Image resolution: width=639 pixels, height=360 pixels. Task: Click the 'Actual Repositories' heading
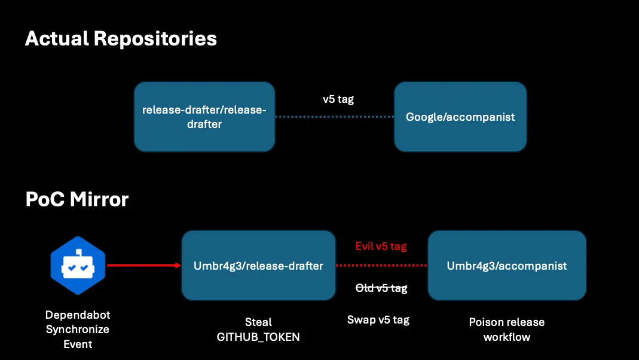click(x=121, y=39)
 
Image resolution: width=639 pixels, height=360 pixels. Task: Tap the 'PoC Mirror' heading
click(x=77, y=199)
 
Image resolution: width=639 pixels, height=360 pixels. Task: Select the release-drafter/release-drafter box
click(x=204, y=117)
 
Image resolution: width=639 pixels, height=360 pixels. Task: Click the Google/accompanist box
click(x=460, y=117)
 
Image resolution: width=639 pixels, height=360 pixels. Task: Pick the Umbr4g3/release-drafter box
click(x=258, y=266)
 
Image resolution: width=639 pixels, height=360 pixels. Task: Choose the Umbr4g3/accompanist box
click(x=507, y=266)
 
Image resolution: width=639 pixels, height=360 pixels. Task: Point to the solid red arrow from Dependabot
click(x=143, y=266)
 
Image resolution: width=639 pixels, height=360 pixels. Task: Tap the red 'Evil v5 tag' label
click(x=381, y=246)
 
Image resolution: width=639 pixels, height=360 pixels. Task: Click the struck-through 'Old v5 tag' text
click(x=381, y=288)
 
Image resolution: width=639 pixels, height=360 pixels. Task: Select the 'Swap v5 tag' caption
click(x=378, y=319)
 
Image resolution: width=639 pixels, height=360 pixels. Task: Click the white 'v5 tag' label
click(x=338, y=99)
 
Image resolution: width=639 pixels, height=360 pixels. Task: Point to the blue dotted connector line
click(x=334, y=117)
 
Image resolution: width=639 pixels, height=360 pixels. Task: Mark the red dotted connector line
click(x=381, y=266)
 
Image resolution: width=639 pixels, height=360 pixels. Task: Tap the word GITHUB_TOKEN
click(x=258, y=337)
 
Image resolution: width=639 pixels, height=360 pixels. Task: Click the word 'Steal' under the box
click(x=258, y=322)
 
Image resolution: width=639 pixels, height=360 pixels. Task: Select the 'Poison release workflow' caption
click(x=507, y=330)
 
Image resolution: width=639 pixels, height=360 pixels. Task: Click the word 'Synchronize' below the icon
click(x=78, y=329)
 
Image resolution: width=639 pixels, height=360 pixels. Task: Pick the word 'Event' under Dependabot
click(x=78, y=344)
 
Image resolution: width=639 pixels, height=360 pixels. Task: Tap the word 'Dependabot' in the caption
click(x=78, y=315)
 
